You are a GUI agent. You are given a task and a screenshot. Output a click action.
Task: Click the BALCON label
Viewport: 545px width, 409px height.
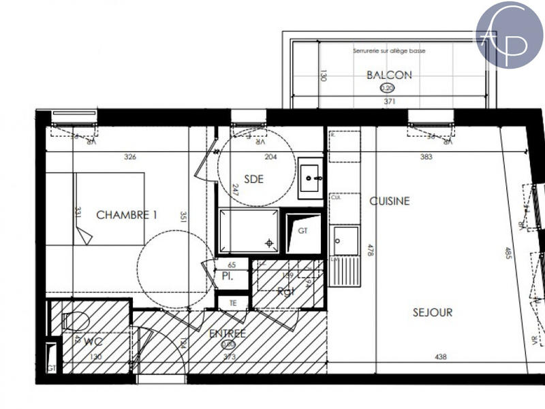tap(389, 75)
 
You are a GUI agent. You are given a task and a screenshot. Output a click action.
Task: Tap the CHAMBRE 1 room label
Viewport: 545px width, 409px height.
tap(127, 215)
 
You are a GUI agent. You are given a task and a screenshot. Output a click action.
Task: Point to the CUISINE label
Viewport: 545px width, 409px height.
tap(390, 201)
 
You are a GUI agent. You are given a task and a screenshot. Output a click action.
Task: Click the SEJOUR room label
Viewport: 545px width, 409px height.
tap(433, 312)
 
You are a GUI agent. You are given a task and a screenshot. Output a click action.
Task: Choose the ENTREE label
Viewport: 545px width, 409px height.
tap(228, 333)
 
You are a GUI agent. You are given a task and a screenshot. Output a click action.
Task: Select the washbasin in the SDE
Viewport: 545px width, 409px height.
tap(310, 178)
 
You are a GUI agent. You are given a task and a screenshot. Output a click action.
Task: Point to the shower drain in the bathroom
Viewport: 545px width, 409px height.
tap(270, 242)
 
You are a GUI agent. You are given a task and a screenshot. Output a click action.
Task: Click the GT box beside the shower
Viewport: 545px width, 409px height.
tap(302, 231)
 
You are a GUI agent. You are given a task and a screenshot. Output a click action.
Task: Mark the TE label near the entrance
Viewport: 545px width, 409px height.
tap(233, 303)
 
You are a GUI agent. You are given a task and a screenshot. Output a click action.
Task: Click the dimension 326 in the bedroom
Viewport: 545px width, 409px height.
tap(130, 157)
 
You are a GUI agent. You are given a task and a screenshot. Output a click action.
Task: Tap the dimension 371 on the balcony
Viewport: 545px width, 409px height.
tap(389, 101)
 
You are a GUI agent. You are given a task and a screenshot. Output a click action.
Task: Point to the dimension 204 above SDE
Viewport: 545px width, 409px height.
tap(270, 157)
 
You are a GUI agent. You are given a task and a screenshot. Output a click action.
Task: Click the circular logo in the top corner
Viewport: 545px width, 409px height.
tap(509, 35)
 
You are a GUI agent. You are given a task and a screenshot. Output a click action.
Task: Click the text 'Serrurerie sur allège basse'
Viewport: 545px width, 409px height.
tap(388, 52)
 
